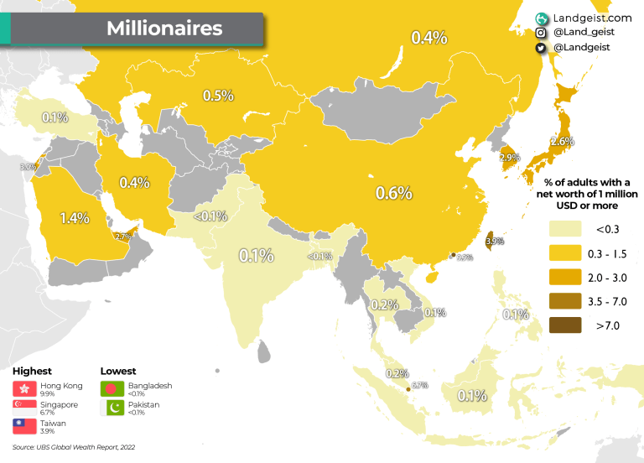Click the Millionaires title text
pyautogui.click(x=164, y=28)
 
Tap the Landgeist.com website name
pyautogui.click(x=592, y=17)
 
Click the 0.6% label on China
pyautogui.click(x=393, y=193)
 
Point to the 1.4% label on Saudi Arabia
pyautogui.click(x=74, y=218)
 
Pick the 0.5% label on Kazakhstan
pyautogui.click(x=218, y=96)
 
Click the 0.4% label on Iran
pyautogui.click(x=134, y=182)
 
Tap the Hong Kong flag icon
pyautogui.click(x=25, y=388)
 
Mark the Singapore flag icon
pyautogui.click(x=25, y=407)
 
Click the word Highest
pyautogui.click(x=33, y=371)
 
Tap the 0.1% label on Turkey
pyautogui.click(x=55, y=117)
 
